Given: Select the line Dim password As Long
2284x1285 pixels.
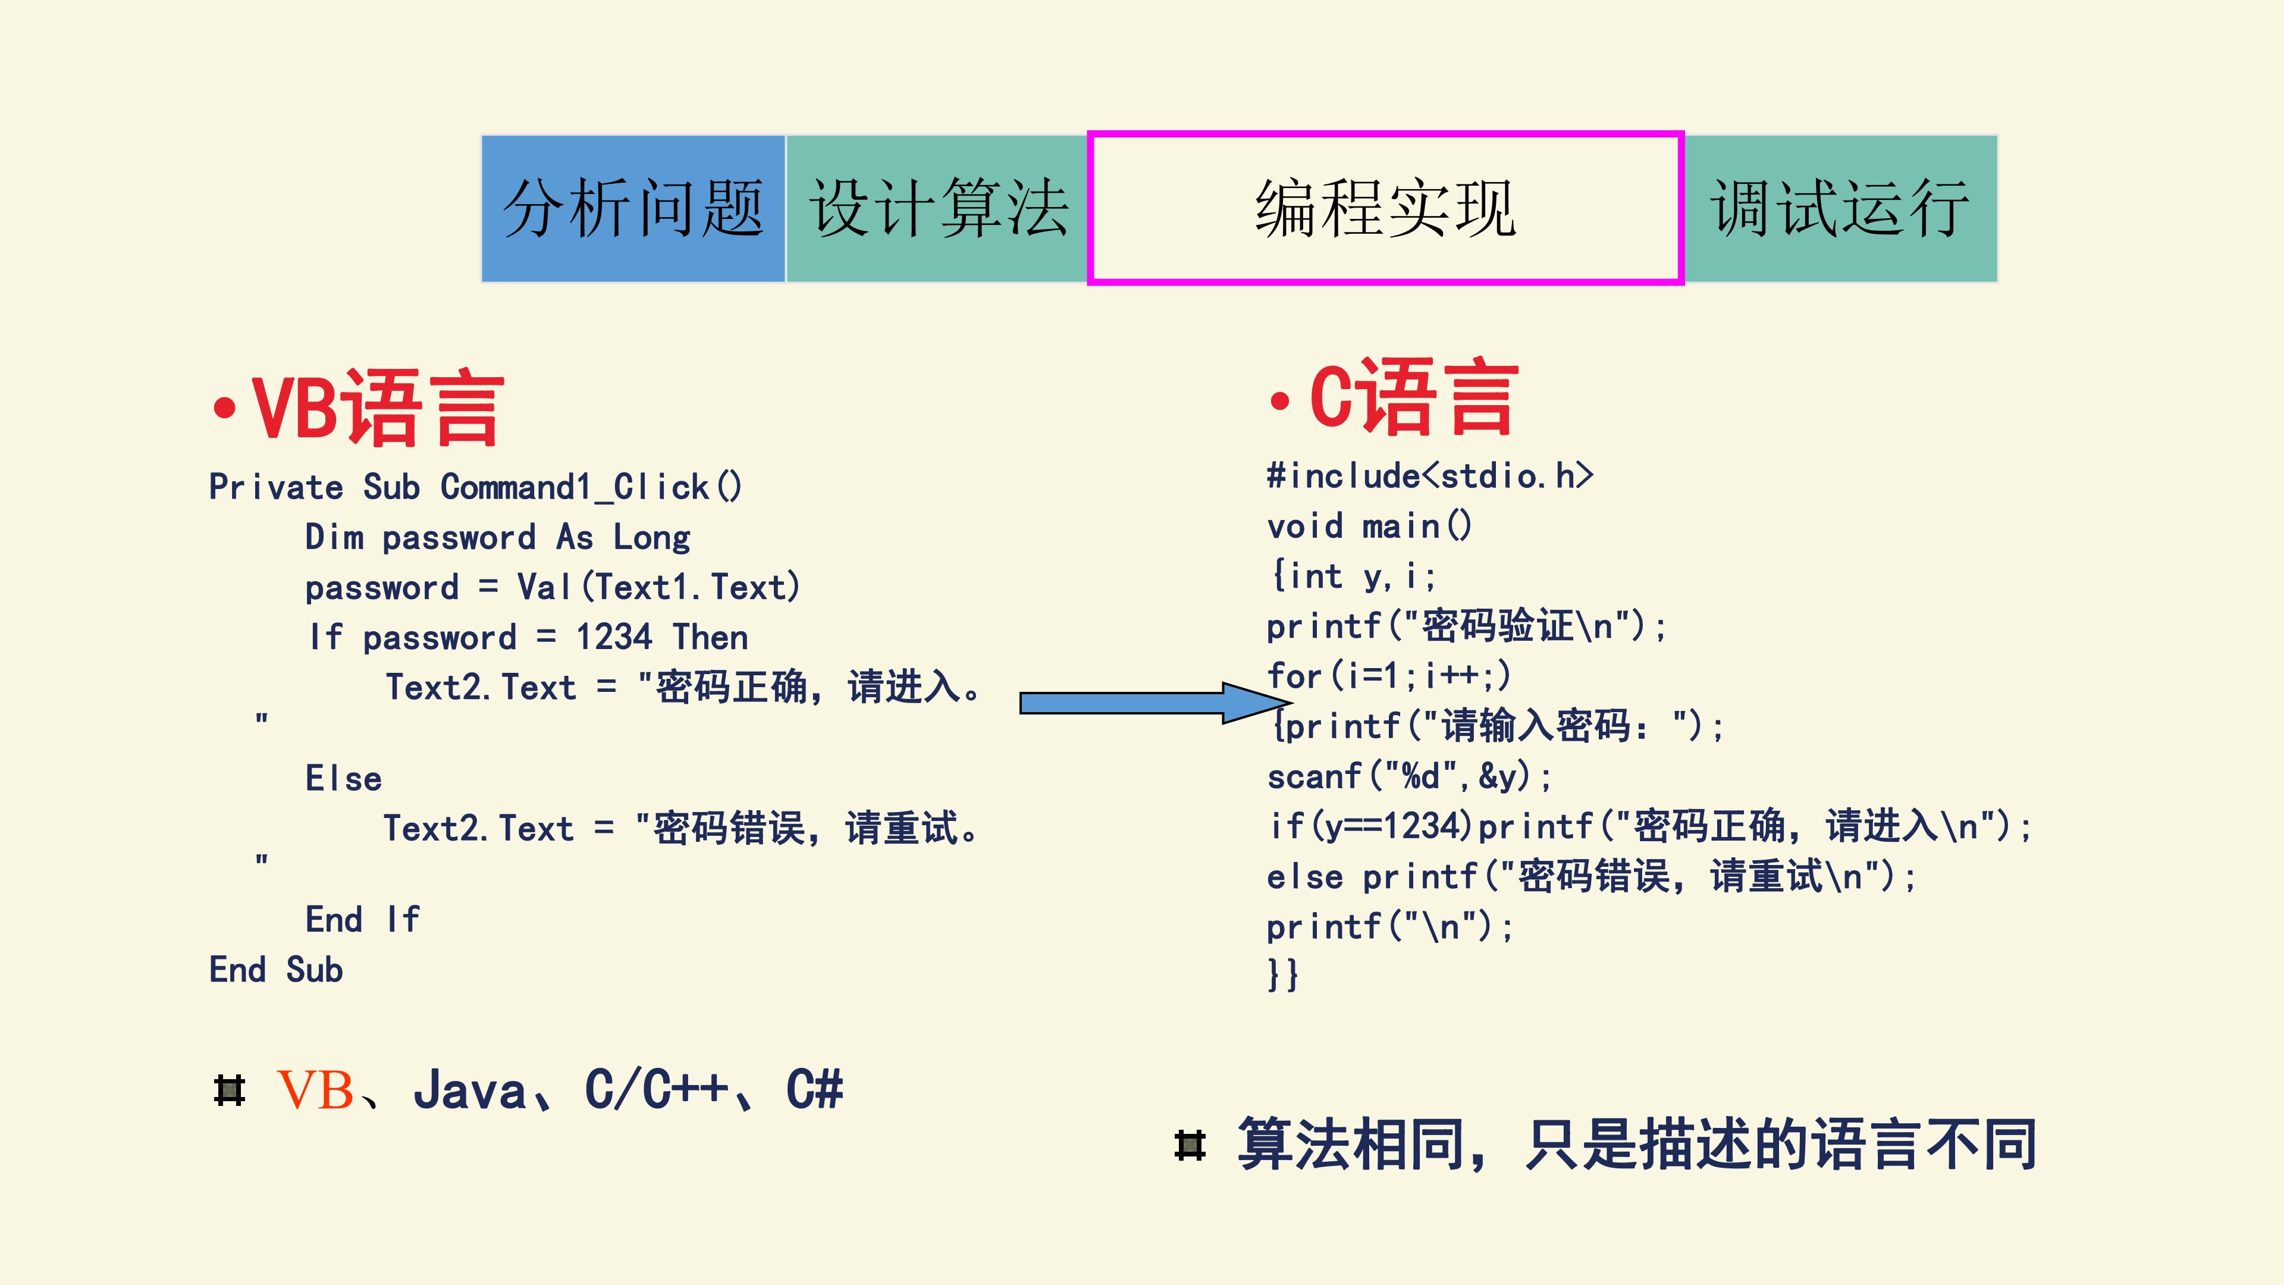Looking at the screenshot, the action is (x=497, y=537).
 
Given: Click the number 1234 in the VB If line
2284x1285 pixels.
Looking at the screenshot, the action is (x=614, y=637).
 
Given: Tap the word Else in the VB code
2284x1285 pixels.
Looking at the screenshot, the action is (x=343, y=779).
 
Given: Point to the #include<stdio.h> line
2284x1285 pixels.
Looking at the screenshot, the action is (x=1430, y=475).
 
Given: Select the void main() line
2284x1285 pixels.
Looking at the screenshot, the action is (x=1370, y=526).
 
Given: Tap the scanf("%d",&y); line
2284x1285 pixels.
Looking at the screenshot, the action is (x=1409, y=777).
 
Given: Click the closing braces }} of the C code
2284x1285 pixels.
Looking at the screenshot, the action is (x=1283, y=974).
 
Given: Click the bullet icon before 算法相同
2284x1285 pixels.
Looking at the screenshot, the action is (x=1190, y=1145).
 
